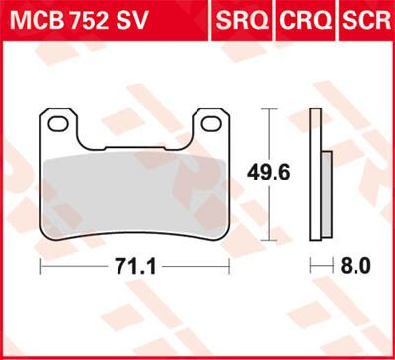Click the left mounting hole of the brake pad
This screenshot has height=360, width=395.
tap(59, 123)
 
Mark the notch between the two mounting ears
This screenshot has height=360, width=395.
tap(134, 128)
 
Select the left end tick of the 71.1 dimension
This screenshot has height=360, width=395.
tap(40, 267)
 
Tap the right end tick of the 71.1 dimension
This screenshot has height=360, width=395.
tap(229, 267)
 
